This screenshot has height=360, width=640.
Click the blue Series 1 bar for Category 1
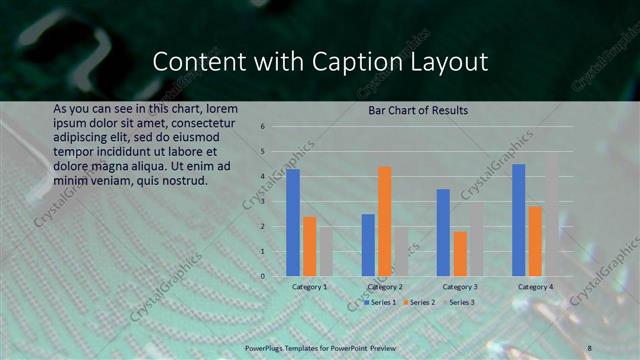pos(293,222)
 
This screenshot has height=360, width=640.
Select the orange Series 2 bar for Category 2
pos(385,221)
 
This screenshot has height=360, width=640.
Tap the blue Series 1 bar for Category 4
pos(518,220)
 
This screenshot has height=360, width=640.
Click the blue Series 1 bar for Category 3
pos(443,232)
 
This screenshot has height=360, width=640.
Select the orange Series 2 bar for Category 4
pos(535,241)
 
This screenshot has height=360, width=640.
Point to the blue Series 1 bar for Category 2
pos(368,245)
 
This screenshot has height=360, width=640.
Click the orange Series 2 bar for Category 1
pos(310,246)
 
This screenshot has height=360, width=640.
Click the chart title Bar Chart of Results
pos(417,109)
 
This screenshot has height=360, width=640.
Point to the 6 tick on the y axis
pos(261,127)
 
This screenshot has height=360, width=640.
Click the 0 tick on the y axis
pos(261,276)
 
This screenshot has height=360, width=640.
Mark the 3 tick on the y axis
pos(261,202)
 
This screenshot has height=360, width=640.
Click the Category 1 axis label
pos(309,287)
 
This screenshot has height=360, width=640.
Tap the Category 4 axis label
pos(535,287)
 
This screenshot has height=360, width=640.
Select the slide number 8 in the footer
pos(589,346)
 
